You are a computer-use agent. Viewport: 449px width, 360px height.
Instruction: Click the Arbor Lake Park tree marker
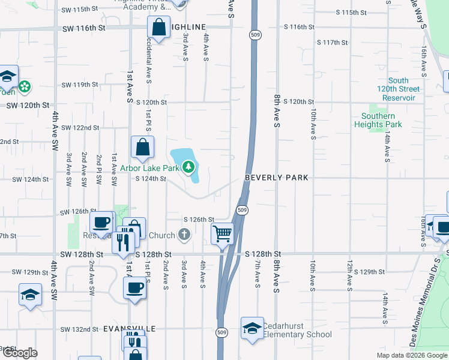pyautogui.click(x=189, y=165)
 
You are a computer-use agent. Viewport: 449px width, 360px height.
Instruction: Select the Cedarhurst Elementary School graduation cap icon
pyautogui.click(x=252, y=328)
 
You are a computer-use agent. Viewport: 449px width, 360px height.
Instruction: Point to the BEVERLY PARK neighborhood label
pyautogui.click(x=276, y=178)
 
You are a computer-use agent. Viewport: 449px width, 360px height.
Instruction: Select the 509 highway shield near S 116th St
pyautogui.click(x=256, y=35)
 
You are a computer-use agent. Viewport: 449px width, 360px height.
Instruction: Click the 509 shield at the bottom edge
pyautogui.click(x=221, y=332)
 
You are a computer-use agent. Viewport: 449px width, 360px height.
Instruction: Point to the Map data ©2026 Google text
pyautogui.click(x=411, y=355)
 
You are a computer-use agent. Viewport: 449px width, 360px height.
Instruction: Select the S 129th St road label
pyautogui.click(x=364, y=272)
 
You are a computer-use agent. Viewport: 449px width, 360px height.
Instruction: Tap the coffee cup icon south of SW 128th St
pyautogui.click(x=134, y=287)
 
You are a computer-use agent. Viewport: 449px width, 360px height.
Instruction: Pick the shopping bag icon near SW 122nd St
pyautogui.click(x=143, y=147)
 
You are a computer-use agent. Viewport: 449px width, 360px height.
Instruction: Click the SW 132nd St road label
pyautogui.click(x=79, y=329)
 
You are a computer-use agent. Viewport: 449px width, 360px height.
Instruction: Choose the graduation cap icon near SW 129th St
pyautogui.click(x=30, y=295)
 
